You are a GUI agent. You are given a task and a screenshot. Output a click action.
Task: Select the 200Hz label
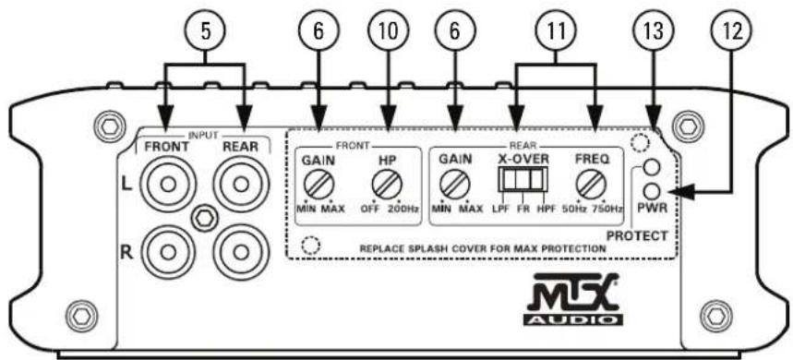(403, 210)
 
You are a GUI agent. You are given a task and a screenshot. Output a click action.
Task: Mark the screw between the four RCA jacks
(202, 218)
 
